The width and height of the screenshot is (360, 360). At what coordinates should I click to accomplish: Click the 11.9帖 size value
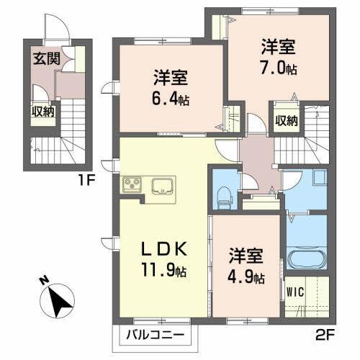[165, 271]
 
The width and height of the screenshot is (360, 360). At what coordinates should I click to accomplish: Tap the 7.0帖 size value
[278, 68]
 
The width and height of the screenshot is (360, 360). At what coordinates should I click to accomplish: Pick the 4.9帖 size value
[246, 276]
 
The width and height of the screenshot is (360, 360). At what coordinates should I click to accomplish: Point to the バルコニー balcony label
[156, 336]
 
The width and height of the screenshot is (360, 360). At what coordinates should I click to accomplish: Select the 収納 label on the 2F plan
[286, 120]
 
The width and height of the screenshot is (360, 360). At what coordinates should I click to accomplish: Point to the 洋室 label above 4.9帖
[246, 256]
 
